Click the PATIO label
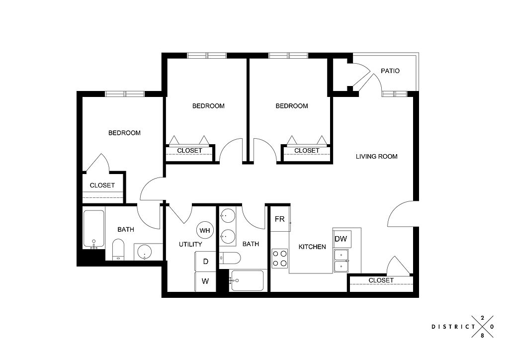pos(390,71)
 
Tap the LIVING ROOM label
pos(377,157)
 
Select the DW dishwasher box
pos(341,239)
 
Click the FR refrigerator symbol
pos(280,219)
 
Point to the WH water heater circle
pos(205,230)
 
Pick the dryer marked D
pos(205,262)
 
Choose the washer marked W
pos(205,281)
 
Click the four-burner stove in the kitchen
pos(280,259)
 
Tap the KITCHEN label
pos(312,247)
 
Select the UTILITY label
pos(190,244)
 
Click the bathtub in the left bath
pos(94,229)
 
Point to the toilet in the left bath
pos(118,250)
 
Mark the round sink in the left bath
pos(144,252)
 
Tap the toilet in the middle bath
pos(230,259)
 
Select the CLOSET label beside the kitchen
pos(381,280)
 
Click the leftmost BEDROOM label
pos(124,133)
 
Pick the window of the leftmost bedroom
pos(125,94)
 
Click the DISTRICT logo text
pos(453,327)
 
